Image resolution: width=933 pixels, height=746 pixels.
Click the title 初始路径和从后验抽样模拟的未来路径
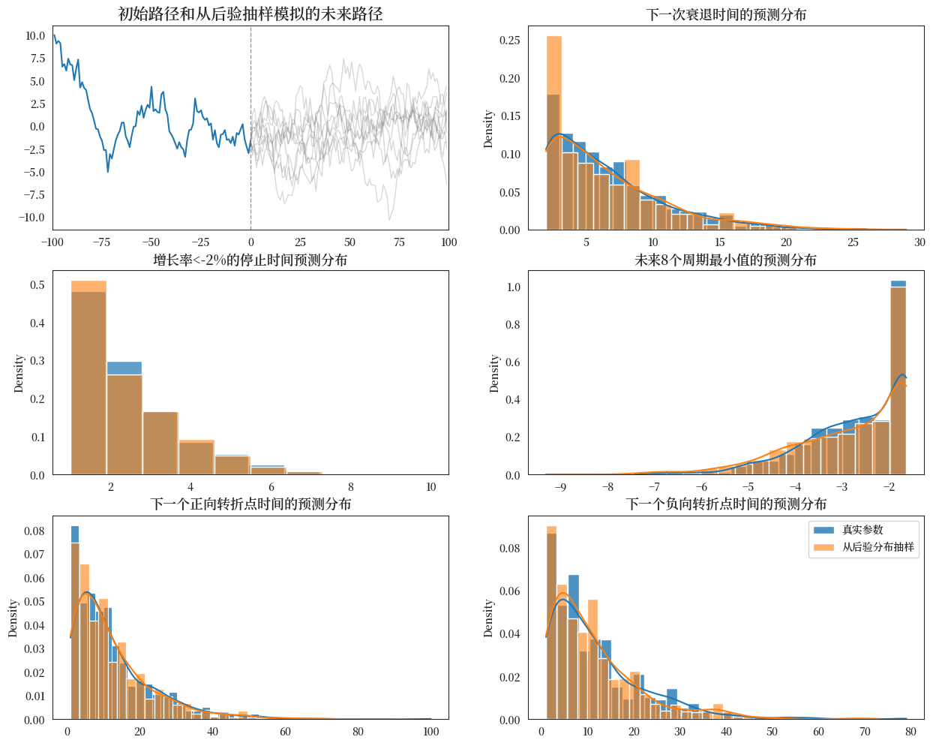[x=250, y=14]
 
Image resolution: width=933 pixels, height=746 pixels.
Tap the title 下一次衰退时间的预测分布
[x=726, y=14]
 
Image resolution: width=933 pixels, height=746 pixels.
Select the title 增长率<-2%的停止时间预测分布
[x=250, y=260]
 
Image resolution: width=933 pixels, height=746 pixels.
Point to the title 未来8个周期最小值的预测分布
[x=726, y=260]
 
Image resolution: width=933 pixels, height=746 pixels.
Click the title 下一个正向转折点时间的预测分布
[x=250, y=504]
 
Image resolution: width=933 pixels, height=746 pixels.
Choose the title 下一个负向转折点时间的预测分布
[x=726, y=504]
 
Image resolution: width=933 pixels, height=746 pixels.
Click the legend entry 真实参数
[x=862, y=530]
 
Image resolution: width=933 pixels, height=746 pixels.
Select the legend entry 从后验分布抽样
[x=877, y=547]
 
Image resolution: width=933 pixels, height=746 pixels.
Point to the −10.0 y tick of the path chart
[x=34, y=218]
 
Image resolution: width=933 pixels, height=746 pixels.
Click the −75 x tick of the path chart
[x=101, y=242]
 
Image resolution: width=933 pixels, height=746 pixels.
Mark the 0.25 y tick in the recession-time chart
[x=510, y=41]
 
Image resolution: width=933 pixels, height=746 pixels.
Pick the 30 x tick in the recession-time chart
[x=919, y=242]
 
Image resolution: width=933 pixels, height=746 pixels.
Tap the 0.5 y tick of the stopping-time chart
[x=37, y=285]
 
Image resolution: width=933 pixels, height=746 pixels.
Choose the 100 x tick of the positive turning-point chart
[x=430, y=732]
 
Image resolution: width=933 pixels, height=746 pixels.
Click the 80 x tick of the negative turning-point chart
[x=910, y=732]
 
